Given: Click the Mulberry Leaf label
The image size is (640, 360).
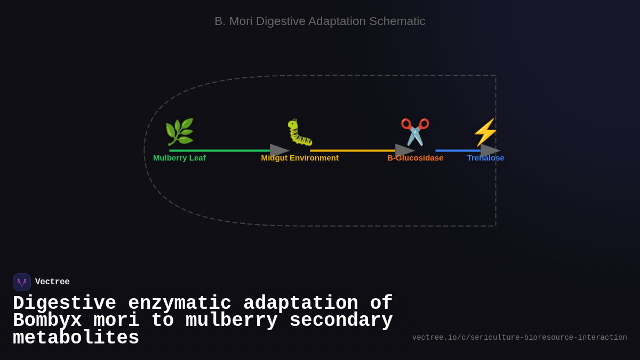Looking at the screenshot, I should [179, 158].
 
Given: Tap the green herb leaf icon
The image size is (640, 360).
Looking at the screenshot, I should [179, 132].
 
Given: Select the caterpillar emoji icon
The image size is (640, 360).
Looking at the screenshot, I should [300, 132].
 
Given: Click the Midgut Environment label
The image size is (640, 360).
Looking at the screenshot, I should [300, 158].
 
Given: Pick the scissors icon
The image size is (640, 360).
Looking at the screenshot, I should [415, 132].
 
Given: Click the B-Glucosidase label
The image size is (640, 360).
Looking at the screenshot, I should [415, 158].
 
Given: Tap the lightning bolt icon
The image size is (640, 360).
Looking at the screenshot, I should [485, 132].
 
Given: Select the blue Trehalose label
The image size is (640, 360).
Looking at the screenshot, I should [485, 158].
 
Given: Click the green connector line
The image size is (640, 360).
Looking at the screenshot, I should [219, 150].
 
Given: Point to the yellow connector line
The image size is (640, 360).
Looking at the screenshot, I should [352, 150].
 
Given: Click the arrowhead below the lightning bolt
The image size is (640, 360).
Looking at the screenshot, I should [490, 150].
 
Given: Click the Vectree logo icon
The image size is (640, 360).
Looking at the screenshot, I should [22, 282].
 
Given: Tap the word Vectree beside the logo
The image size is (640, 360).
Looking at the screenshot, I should [52, 282].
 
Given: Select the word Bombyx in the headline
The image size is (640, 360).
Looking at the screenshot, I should [47, 321].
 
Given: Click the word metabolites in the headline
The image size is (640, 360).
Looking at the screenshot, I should [76, 338].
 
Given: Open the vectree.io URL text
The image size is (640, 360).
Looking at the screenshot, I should [519, 338].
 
